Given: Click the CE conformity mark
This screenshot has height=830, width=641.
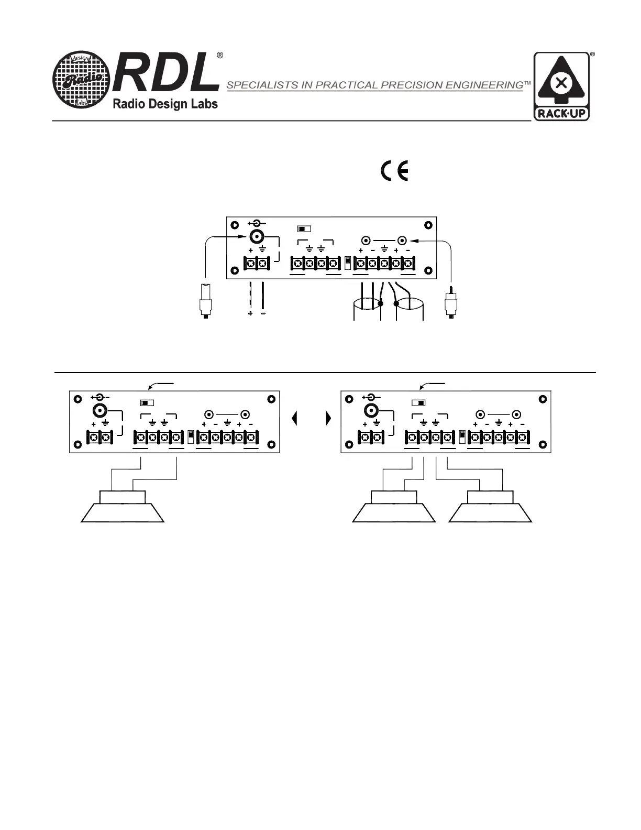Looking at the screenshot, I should click(395, 172).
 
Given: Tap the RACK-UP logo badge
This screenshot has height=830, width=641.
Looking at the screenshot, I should click(561, 86).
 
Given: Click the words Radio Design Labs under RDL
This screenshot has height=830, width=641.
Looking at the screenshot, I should click(165, 104).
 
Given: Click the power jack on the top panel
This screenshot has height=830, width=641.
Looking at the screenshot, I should click(257, 237).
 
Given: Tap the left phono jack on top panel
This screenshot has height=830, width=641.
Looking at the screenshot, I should click(366, 241).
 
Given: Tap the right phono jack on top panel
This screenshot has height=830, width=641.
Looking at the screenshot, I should click(402, 241).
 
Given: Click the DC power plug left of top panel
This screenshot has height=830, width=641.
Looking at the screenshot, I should click(206, 301).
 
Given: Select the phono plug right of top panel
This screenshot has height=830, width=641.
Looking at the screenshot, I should click(450, 302).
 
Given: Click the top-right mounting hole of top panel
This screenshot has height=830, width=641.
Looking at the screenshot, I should click(428, 225).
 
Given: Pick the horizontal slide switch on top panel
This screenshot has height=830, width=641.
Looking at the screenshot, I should click(304, 229).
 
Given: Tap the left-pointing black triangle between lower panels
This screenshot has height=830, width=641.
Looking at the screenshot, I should click(295, 418).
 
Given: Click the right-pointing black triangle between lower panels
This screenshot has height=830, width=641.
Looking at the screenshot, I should click(328, 418).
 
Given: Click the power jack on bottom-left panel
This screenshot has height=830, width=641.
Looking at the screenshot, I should click(100, 411).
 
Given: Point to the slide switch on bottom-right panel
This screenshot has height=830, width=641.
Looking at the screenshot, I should click(418, 403).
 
